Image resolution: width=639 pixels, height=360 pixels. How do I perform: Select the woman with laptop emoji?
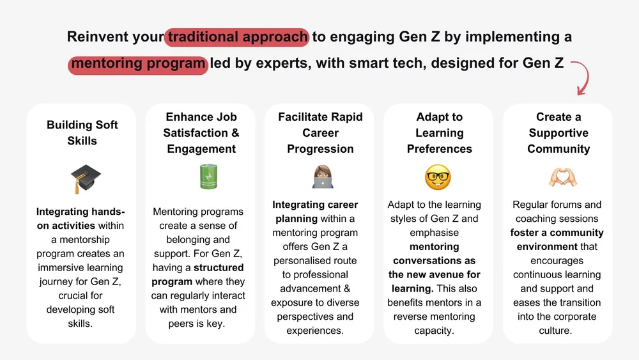320,176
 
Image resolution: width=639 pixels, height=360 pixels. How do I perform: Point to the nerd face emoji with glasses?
438,176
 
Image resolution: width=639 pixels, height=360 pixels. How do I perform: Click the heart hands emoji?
558,176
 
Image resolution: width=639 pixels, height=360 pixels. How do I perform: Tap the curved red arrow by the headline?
580,77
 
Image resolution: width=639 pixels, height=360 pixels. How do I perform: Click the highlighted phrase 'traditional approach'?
237,36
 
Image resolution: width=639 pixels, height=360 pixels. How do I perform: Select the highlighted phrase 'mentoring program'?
139,63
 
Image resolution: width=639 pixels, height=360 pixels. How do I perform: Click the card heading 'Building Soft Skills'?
82,132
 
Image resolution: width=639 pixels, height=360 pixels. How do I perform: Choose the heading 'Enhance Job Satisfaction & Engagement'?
201,132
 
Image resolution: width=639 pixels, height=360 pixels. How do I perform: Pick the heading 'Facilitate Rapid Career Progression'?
320,132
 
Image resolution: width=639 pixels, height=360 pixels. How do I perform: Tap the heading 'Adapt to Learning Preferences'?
439,132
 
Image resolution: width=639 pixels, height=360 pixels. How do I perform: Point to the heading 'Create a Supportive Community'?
558,132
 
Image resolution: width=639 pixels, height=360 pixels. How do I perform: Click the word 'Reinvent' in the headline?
98,36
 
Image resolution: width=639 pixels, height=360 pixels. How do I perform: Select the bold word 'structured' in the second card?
219,267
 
